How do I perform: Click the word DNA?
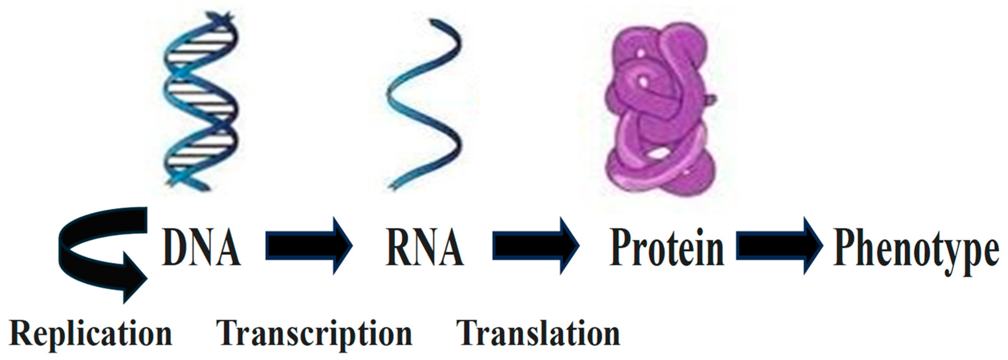(201, 247)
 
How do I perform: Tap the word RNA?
(425, 247)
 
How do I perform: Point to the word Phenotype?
(916, 251)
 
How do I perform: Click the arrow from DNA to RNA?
(309, 246)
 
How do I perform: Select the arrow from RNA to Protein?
(536, 246)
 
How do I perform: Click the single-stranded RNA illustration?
(424, 104)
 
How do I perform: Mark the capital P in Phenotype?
(844, 247)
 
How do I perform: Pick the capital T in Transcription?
(229, 333)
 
